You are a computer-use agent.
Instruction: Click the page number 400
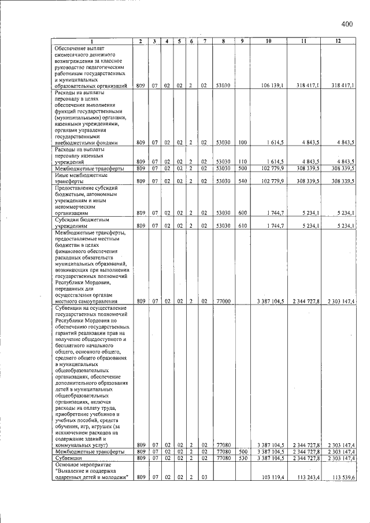pos(347,24)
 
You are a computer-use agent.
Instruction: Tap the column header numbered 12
pos(339,41)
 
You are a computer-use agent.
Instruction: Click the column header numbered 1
pos(91,41)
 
